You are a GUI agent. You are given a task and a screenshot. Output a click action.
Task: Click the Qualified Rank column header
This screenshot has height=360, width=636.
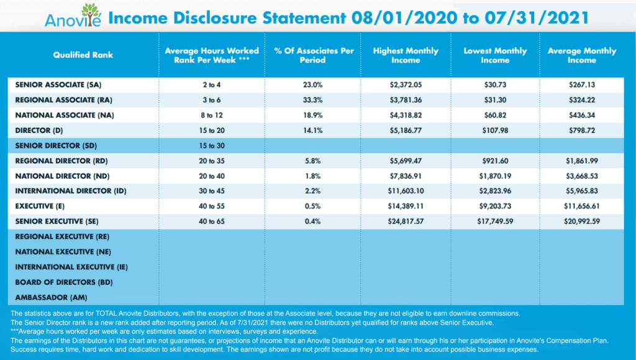pyautogui.click(x=83, y=55)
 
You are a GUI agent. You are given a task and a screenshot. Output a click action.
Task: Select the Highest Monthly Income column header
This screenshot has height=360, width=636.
pyautogui.click(x=406, y=55)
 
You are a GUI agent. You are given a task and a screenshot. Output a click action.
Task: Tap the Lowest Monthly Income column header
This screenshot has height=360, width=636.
pyautogui.click(x=495, y=55)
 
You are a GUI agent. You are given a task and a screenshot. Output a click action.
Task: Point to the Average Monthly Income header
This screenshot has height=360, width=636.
pyautogui.click(x=581, y=55)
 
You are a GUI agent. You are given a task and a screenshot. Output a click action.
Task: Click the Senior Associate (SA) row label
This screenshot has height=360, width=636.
pyautogui.click(x=58, y=85)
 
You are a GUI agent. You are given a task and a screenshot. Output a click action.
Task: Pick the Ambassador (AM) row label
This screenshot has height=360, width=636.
pyautogui.click(x=51, y=297)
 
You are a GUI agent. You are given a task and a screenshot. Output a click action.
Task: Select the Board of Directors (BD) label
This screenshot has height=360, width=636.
pyautogui.click(x=64, y=282)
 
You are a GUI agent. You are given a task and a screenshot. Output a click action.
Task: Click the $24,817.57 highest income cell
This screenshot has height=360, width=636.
pyautogui.click(x=406, y=222)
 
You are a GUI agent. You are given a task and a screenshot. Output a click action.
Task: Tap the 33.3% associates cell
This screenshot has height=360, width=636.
pyautogui.click(x=313, y=100)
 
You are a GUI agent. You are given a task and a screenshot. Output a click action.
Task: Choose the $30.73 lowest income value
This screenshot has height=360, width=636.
pyautogui.click(x=495, y=85)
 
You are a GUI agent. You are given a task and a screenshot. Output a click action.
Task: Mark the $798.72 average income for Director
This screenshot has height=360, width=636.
pyautogui.click(x=581, y=130)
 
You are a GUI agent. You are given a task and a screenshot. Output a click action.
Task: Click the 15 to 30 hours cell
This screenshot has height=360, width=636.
pyautogui.click(x=212, y=145)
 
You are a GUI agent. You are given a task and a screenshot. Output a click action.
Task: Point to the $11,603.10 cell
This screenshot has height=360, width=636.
pyautogui.click(x=406, y=191)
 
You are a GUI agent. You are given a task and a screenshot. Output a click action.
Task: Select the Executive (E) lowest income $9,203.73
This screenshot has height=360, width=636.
pyautogui.click(x=495, y=206)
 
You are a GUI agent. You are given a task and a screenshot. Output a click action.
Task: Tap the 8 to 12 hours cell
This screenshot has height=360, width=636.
pyautogui.click(x=212, y=115)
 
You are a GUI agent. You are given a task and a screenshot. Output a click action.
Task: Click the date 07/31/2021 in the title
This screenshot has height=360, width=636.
pyautogui.click(x=537, y=18)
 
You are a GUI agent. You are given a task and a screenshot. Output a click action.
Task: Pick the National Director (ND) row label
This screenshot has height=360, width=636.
pyautogui.click(x=63, y=176)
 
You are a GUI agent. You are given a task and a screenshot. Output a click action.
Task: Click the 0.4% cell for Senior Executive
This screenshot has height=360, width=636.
pyautogui.click(x=313, y=222)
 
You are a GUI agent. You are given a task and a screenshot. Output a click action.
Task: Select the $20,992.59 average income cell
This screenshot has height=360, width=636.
pyautogui.click(x=581, y=222)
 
